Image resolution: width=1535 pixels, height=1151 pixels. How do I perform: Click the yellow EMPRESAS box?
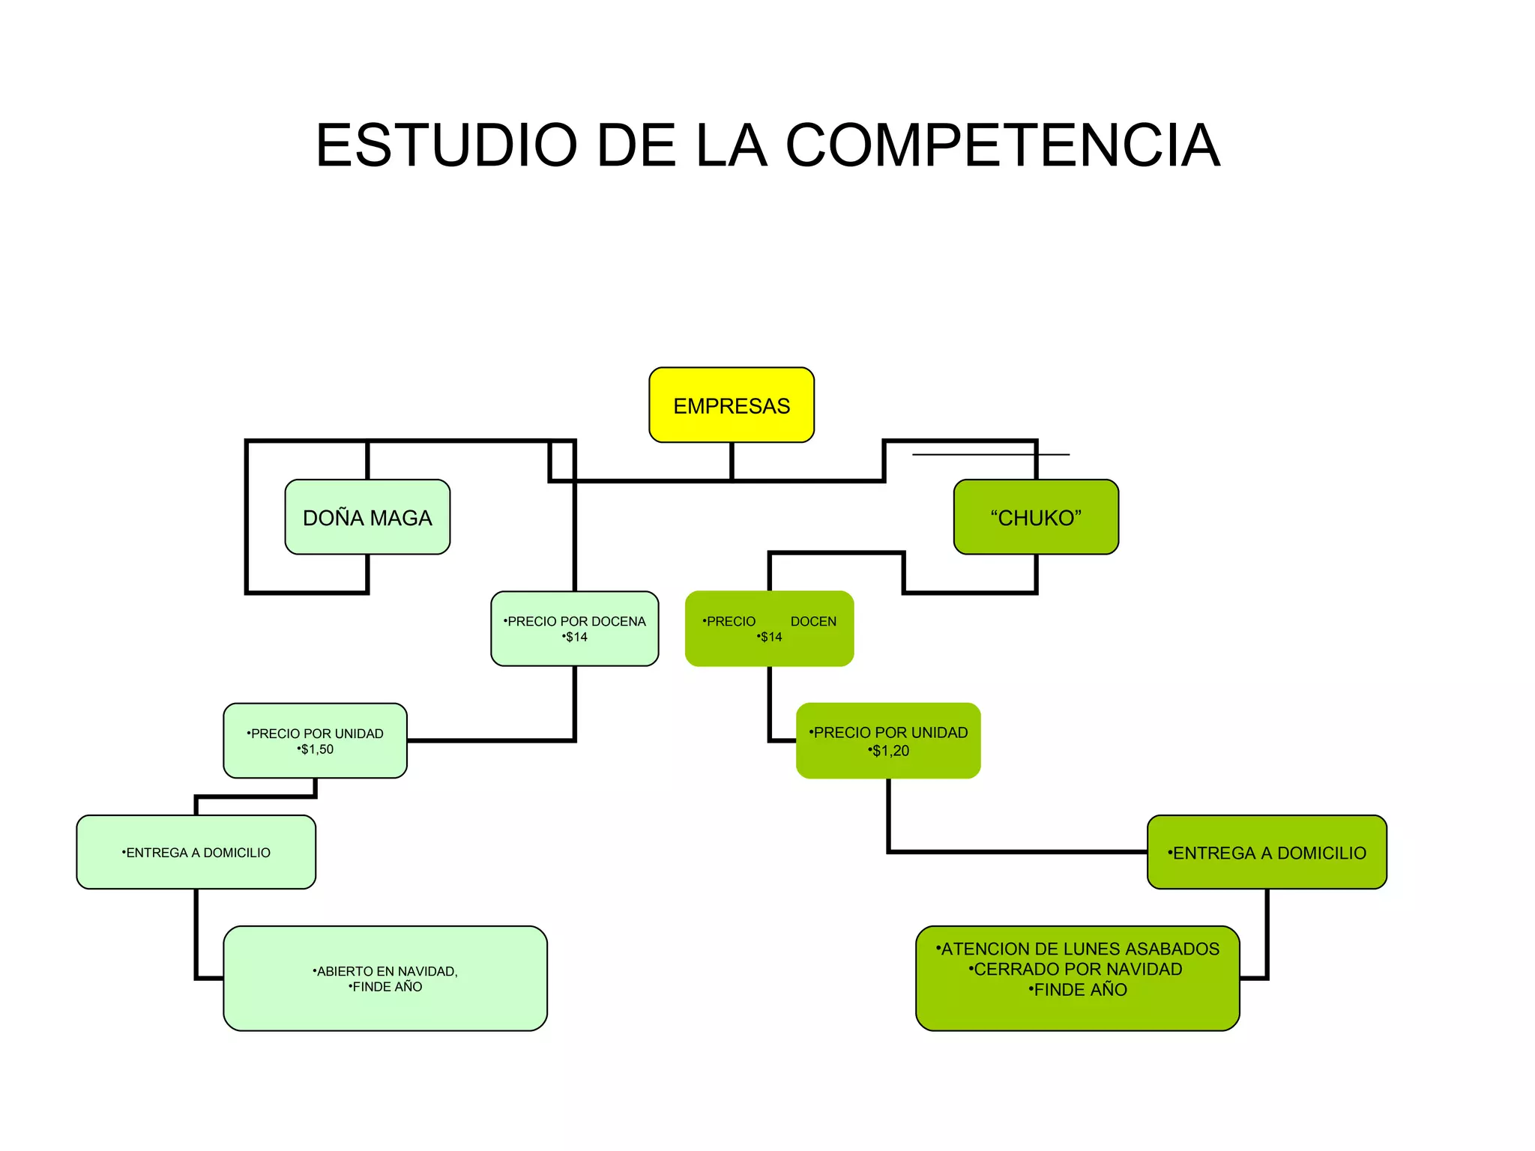pyautogui.click(x=731, y=405)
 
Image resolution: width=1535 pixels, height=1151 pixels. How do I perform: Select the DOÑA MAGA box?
pyautogui.click(x=367, y=517)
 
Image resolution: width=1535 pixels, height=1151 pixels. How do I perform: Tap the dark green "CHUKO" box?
pyautogui.click(x=1036, y=517)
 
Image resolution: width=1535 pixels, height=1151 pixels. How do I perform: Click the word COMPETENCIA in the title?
pyautogui.click(x=1002, y=145)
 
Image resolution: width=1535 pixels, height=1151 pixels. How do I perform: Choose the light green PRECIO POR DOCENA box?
pyautogui.click(x=574, y=628)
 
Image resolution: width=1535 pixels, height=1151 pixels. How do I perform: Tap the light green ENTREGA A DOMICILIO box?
pyautogui.click(x=196, y=852)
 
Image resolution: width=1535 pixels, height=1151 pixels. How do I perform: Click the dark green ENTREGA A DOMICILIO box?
pyautogui.click(x=1267, y=852)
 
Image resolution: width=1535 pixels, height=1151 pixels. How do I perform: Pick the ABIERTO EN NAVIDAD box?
pyautogui.click(x=385, y=978)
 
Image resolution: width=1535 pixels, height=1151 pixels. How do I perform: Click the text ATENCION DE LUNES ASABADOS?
pyautogui.click(x=1078, y=949)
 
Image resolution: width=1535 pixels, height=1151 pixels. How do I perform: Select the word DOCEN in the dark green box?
pyautogui.click(x=813, y=621)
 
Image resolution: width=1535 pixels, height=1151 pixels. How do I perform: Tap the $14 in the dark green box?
pyautogui.click(x=770, y=637)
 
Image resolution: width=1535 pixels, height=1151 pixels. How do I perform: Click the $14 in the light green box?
pyautogui.click(x=576, y=637)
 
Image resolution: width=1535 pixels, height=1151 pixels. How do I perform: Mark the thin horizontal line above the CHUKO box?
pyautogui.click(x=990, y=454)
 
